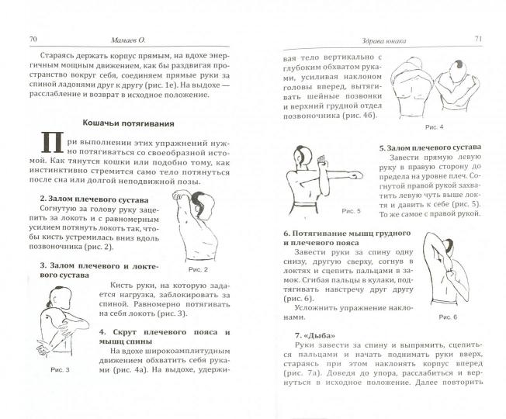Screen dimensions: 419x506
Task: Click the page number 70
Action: [33, 39]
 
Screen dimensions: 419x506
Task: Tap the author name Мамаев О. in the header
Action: [137, 40]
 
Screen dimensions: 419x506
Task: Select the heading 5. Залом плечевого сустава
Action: [428, 147]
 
